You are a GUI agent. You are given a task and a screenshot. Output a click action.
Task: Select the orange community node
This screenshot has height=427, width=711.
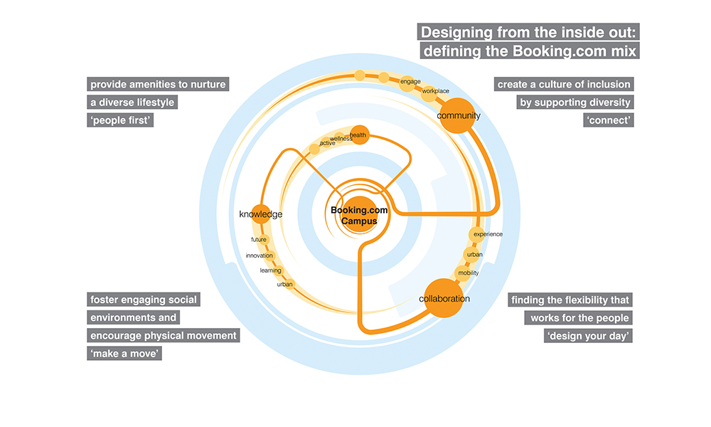[457, 115]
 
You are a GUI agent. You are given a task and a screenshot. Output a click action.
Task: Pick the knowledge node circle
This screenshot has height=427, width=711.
[261, 214]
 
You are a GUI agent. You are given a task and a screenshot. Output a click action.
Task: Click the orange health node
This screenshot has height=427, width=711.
[359, 135]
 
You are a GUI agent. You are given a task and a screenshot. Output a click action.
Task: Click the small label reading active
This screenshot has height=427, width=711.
[327, 144]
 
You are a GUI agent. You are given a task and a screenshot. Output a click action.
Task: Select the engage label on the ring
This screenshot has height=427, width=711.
[410, 82]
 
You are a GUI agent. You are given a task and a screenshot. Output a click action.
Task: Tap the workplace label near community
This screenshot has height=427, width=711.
[435, 91]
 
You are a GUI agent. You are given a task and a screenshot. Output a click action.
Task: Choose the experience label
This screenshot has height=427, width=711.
[488, 234]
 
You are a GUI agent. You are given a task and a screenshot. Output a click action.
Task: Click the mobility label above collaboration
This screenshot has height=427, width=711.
[469, 273]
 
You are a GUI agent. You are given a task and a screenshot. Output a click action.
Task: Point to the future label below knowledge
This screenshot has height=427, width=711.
[259, 240]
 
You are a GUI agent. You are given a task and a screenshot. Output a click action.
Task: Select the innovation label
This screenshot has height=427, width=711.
[260, 255]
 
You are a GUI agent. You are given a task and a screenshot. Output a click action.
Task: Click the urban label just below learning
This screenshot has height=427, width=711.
[284, 285]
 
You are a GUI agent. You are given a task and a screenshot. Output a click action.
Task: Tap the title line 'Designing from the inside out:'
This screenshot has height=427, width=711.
[530, 33]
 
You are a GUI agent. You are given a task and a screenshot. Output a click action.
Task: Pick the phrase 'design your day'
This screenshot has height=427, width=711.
[588, 336]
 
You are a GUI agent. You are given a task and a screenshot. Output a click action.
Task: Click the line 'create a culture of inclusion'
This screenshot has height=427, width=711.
[564, 85]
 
